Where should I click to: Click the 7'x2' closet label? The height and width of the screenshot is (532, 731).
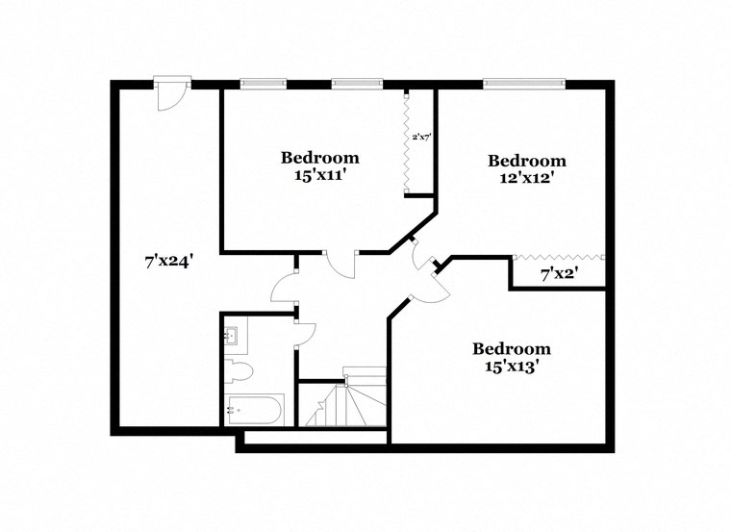coord(559,275)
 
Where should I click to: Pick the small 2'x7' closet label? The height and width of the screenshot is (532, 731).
coord(421,138)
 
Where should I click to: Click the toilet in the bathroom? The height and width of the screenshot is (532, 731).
coord(238,370)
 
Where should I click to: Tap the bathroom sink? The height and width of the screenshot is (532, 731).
coord(234,337)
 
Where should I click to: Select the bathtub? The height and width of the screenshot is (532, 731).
coord(254,410)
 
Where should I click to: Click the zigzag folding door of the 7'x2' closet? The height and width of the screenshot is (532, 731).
coord(559,257)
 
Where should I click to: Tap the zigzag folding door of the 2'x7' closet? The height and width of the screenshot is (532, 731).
coord(408,144)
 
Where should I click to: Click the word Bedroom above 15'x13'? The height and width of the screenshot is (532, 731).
coord(512,348)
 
